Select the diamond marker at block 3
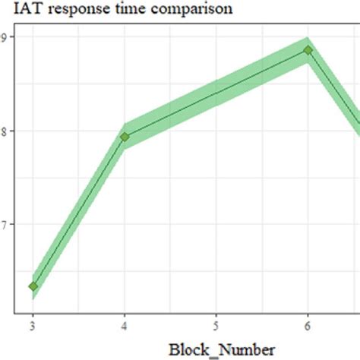pos(33,286)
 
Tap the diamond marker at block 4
pos(125,137)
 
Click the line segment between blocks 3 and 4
pos(79,211)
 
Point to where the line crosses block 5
pos(216,93)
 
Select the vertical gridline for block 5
pos(216,228)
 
